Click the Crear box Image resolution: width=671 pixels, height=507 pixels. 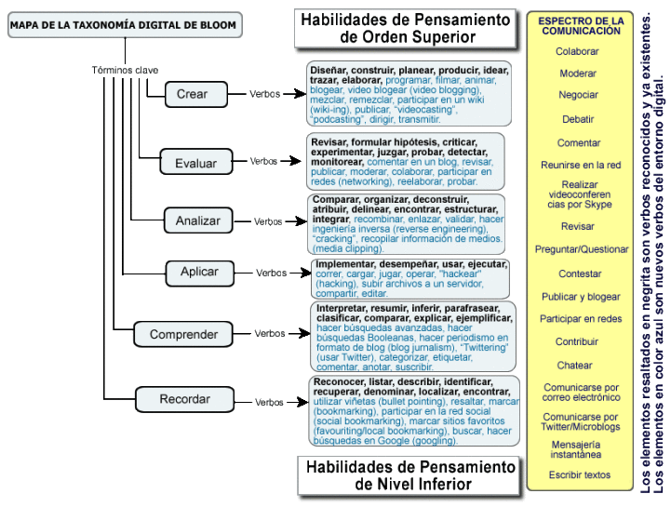(x=192, y=94)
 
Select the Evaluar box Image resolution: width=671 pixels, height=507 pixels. (x=195, y=163)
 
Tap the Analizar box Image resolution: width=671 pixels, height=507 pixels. (x=197, y=220)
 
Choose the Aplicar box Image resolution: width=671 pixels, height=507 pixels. (x=199, y=273)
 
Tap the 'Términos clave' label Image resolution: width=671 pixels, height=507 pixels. (x=125, y=70)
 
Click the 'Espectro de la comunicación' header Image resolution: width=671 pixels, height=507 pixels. (x=581, y=25)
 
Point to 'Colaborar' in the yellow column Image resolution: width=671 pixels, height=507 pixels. (x=577, y=51)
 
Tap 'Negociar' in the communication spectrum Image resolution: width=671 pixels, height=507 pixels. (x=578, y=95)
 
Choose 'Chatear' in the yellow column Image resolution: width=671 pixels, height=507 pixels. (x=574, y=365)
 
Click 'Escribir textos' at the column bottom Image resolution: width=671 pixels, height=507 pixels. (x=579, y=474)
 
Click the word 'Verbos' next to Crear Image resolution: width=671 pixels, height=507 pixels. (x=264, y=94)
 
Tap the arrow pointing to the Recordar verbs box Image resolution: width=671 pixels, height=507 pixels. (x=296, y=402)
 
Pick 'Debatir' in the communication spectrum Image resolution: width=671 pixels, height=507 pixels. (x=578, y=119)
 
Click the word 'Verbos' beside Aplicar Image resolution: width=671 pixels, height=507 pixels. (x=272, y=273)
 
